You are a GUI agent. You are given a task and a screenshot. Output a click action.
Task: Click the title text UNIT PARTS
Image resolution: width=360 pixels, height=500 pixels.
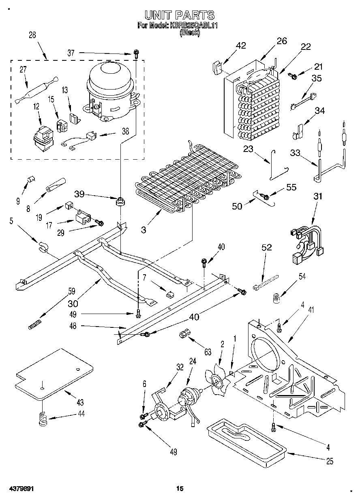click(180, 15)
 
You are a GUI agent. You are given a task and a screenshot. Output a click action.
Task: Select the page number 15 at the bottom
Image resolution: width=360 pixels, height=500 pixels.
click(180, 489)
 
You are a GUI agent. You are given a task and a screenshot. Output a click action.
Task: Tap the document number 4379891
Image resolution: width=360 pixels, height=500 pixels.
click(19, 489)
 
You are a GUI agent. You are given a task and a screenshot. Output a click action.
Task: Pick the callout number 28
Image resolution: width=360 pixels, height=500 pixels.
click(32, 35)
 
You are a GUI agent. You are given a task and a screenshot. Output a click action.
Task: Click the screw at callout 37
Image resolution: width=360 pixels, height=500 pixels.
click(137, 53)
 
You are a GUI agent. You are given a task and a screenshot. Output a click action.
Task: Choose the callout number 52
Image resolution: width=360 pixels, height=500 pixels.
click(267, 248)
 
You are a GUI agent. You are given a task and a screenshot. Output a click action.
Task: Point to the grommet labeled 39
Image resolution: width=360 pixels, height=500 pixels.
click(120, 201)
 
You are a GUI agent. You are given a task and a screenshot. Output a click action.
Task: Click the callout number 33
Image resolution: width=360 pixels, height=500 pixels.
click(296, 153)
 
